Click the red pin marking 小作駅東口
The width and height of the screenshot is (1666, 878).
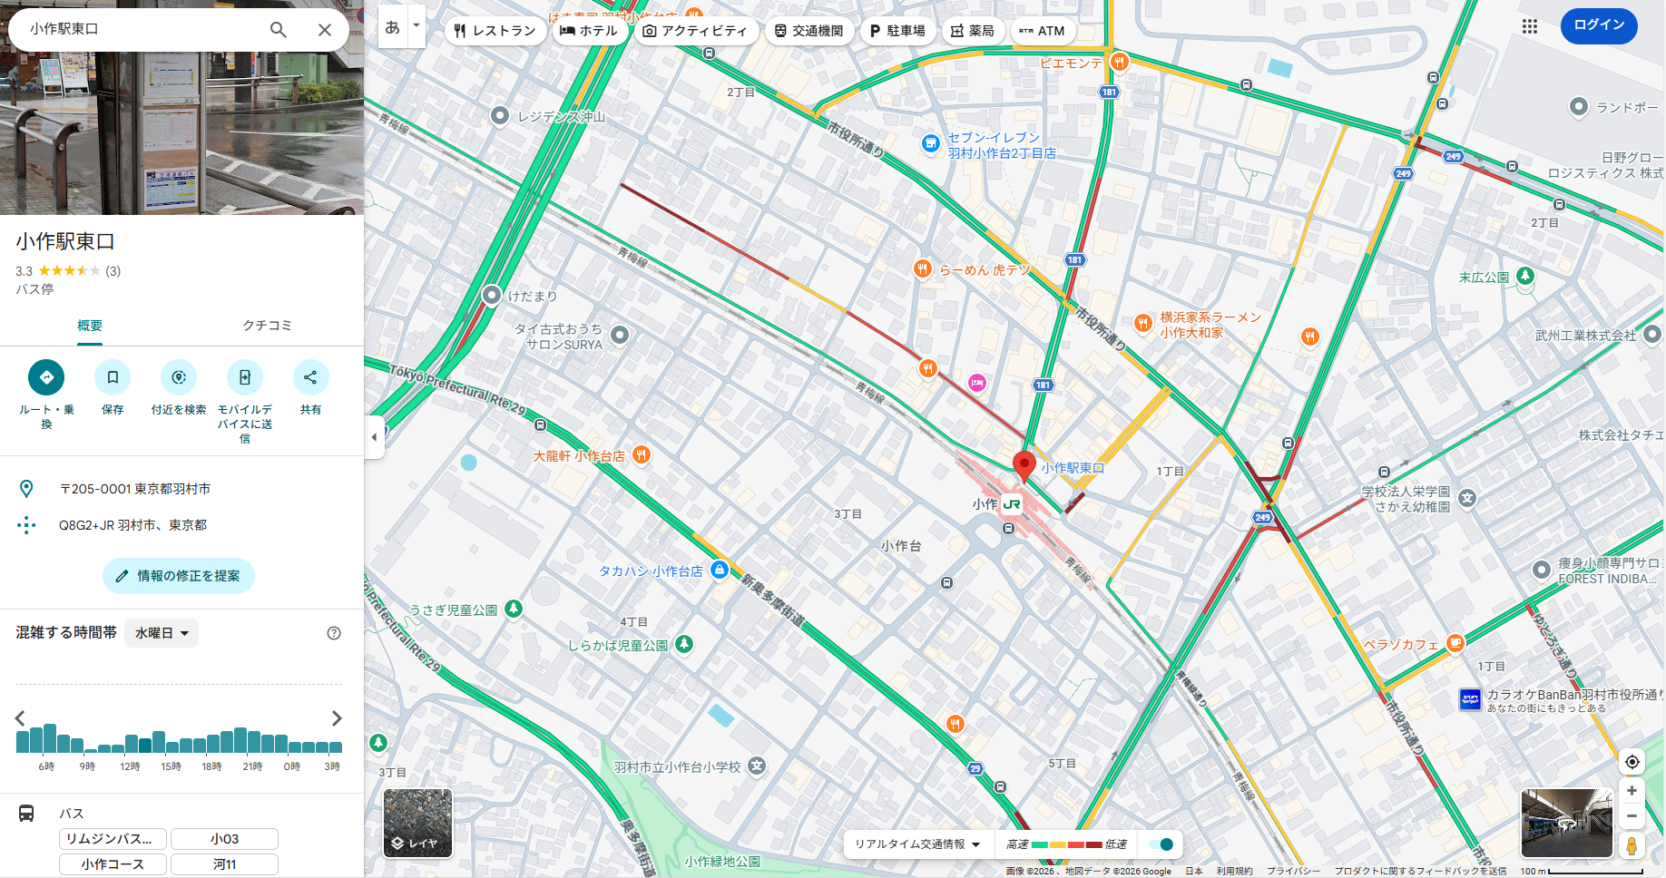click(x=1024, y=464)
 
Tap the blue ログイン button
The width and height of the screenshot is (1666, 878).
click(x=1599, y=25)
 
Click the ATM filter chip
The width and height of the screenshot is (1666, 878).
click(x=1043, y=31)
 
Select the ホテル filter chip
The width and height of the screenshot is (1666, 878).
click(x=588, y=31)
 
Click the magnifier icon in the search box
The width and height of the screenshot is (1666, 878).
click(x=279, y=30)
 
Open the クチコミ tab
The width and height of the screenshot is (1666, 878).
click(x=267, y=326)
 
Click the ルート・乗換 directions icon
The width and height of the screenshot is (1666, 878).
click(x=46, y=377)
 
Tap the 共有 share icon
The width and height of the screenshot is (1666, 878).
click(x=310, y=377)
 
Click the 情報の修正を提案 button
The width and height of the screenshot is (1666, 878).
click(x=179, y=576)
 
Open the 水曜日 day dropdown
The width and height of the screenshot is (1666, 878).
click(x=162, y=633)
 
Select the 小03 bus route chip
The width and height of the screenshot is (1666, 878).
click(x=224, y=839)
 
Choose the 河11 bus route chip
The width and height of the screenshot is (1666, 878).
click(x=224, y=864)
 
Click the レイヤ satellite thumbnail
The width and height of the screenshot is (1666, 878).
click(x=417, y=823)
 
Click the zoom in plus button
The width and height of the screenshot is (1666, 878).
click(x=1632, y=791)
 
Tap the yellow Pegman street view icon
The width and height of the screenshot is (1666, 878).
click(x=1632, y=846)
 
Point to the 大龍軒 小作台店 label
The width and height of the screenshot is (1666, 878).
click(x=579, y=456)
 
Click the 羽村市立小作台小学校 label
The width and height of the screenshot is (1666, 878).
click(x=677, y=767)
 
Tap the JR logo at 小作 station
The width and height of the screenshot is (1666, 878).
click(x=1012, y=504)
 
